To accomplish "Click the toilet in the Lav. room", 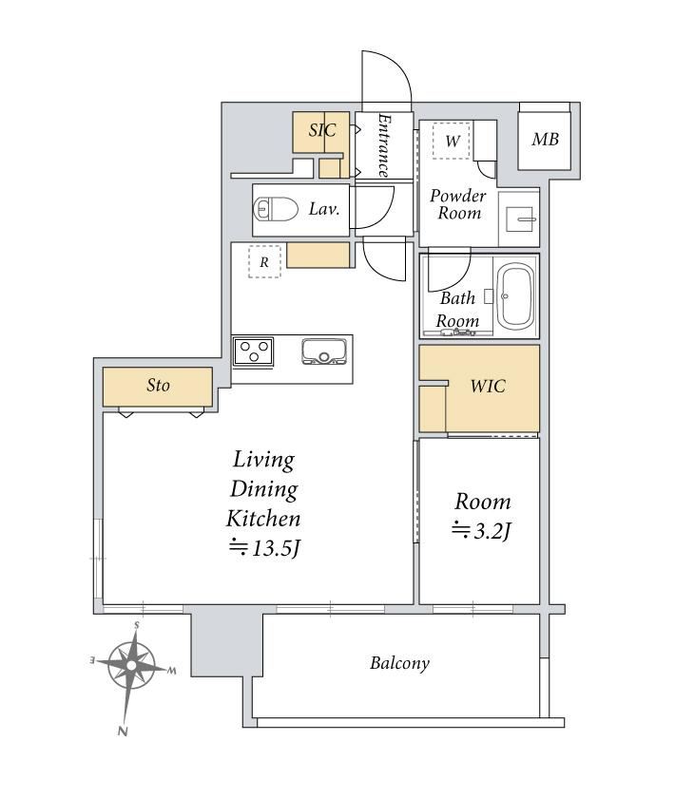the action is pos(276,209).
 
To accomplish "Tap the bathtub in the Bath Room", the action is pos(516,296).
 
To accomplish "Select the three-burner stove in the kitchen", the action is pos(254,351).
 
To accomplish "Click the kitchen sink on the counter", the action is pos(324,351).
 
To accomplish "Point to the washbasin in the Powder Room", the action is pos(518,218).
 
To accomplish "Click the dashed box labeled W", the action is pos(452,141).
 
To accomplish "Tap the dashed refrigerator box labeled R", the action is pos(264,261).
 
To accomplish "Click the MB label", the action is pos(545,139).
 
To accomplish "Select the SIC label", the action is pos(322,130).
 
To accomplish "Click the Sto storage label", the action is pos(158,386).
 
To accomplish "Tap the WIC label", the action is pos(488,387).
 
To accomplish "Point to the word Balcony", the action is pos(399,663).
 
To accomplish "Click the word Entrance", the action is pos(385,145).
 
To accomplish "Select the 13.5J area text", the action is pos(264,547).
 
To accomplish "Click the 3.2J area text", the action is pos(482,531).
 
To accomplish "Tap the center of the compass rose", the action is pos(131,666).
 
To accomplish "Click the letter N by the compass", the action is pos(123,731).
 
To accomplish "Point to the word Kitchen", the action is pos(263,519).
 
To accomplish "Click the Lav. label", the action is pos(324,209).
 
